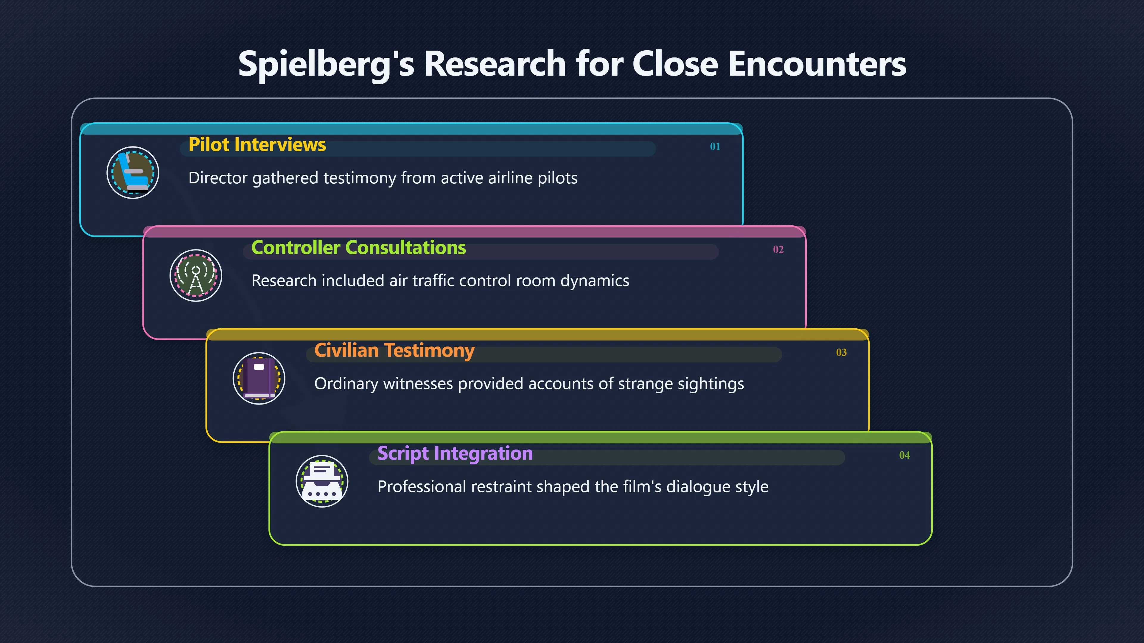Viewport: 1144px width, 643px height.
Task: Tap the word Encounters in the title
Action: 817,63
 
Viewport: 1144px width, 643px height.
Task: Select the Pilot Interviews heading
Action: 257,145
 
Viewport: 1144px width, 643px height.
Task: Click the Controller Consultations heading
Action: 358,248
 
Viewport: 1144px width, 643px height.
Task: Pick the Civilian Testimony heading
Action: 394,351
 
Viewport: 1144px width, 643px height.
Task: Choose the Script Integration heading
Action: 455,453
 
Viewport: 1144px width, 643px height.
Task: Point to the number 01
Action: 715,146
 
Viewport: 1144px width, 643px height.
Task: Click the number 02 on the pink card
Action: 778,249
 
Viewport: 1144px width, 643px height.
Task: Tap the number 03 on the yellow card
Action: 841,352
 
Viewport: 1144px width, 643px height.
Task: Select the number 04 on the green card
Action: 904,455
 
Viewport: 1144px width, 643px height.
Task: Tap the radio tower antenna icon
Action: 196,276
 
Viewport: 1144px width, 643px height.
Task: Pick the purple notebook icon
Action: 259,379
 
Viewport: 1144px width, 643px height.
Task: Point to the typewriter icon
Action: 322,481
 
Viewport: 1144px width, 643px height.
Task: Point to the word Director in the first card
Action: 217,178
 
